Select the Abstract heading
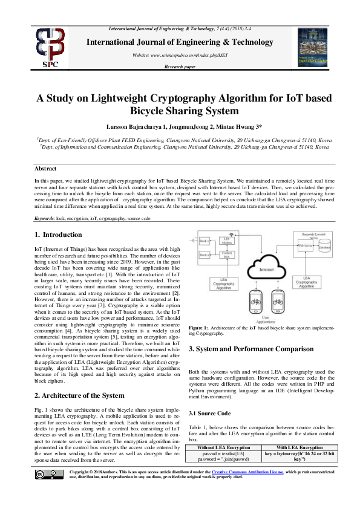pos(45,169)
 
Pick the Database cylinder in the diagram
pos(324,248)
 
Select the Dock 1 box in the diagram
pos(205,241)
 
